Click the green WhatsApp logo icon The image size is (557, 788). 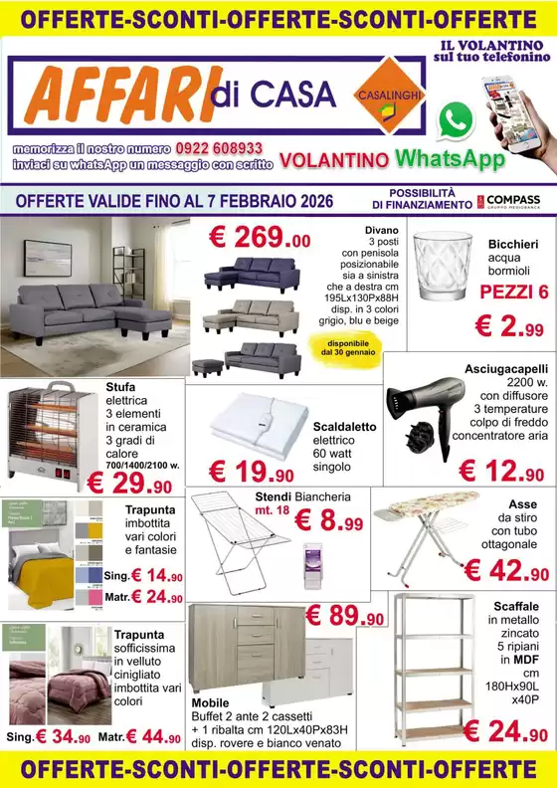tap(456, 120)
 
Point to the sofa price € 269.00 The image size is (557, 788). tap(260, 238)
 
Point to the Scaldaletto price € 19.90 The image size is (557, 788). tap(252, 473)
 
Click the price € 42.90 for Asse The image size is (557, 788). tap(506, 571)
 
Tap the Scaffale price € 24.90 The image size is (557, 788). tap(506, 732)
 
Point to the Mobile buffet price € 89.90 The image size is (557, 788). tap(344, 616)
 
